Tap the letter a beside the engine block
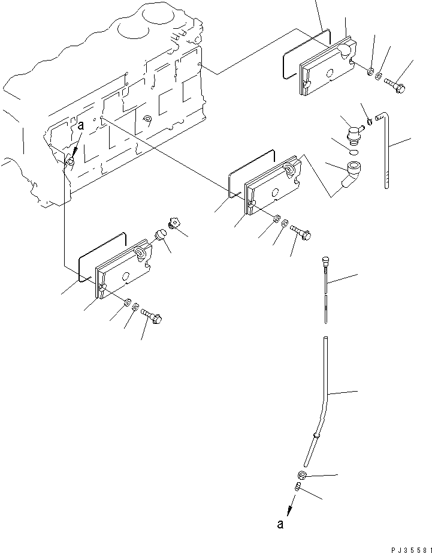pos(80,125)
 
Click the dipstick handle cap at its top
pos(325,259)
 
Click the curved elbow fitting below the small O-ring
pos(351,177)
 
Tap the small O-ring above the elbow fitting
pos(354,152)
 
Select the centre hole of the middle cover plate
pos(275,193)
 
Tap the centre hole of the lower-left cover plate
pos(126,275)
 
